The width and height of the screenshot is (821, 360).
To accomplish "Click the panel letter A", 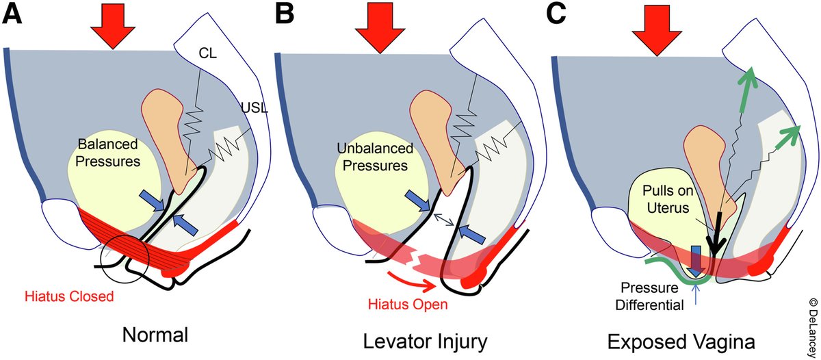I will (x=12, y=14).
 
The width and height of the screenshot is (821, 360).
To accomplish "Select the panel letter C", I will (x=560, y=14).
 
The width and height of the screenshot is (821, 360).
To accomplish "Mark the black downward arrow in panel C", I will (x=715, y=240).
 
